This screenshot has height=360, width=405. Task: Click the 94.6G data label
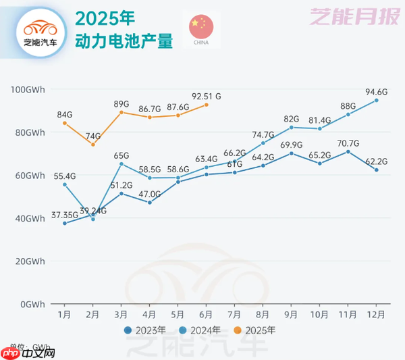[x=377, y=92]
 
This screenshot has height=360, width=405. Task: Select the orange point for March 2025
[x=122, y=112]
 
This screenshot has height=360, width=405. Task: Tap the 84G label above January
[x=65, y=113]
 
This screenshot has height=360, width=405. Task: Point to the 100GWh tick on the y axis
[x=27, y=90]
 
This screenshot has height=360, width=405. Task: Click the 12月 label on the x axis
[x=377, y=315]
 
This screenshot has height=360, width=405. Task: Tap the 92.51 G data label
[x=207, y=96]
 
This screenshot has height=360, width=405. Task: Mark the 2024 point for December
[x=377, y=100]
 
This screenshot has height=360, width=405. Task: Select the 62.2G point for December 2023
[x=377, y=170]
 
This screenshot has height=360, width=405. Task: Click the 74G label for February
[x=93, y=136]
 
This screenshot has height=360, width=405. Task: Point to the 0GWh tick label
[x=32, y=304]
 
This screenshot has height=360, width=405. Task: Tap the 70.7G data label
[x=348, y=143]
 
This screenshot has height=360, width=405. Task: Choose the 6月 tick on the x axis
[x=207, y=315]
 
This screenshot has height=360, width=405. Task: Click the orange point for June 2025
[x=207, y=105]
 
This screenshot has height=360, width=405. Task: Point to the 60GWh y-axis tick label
[x=29, y=176]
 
